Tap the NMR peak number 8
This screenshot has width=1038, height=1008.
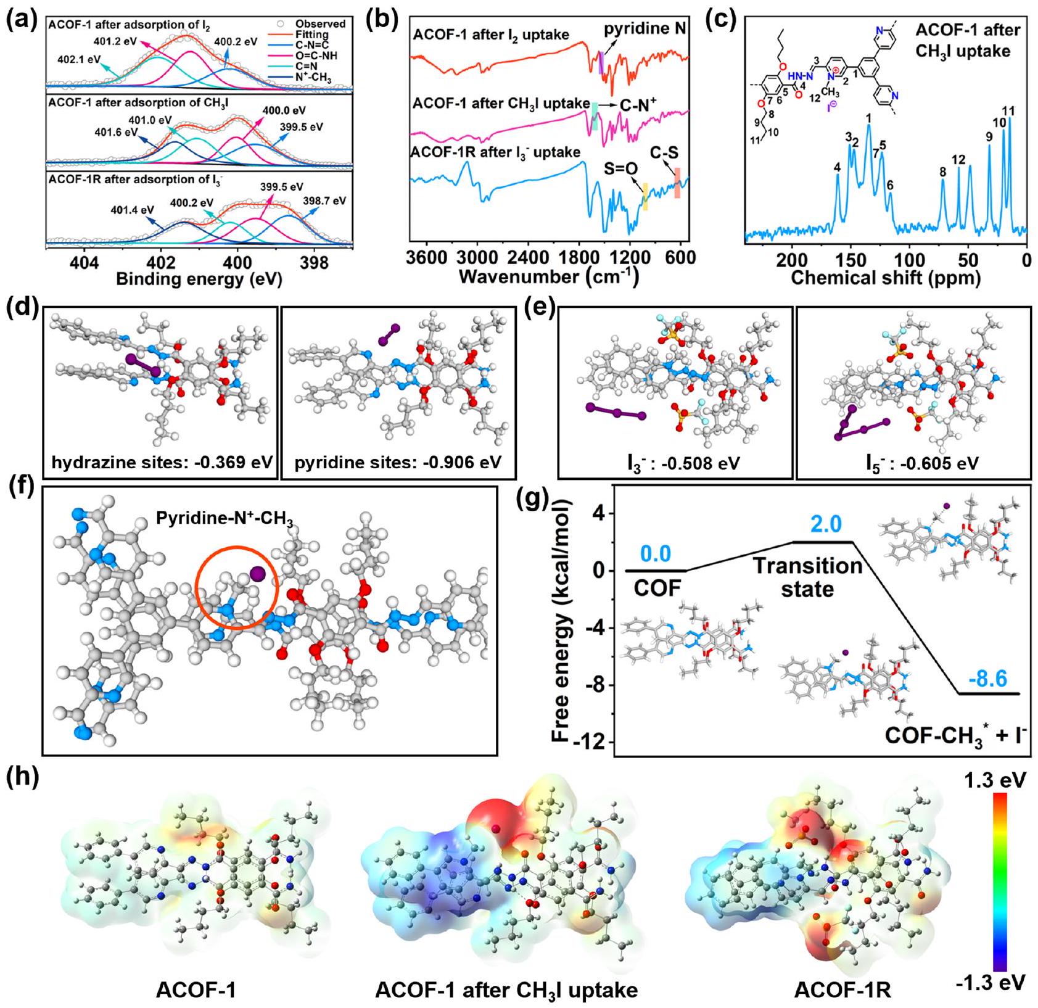pos(942,172)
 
